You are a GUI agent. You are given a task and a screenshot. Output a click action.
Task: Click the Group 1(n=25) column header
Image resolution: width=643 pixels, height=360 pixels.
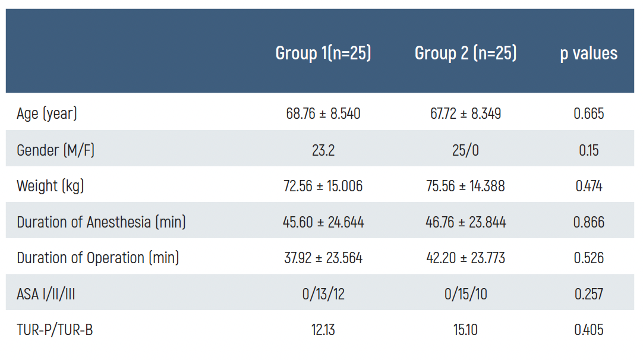(x=323, y=53)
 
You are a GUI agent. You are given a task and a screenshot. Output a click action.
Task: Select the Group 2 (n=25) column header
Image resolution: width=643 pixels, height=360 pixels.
(x=465, y=53)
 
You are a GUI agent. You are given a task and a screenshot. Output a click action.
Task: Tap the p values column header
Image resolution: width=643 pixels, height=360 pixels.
(x=588, y=53)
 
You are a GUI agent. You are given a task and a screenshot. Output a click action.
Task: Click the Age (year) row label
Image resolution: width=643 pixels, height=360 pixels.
(x=47, y=113)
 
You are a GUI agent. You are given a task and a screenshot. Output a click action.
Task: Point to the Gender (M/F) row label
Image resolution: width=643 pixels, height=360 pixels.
(x=55, y=150)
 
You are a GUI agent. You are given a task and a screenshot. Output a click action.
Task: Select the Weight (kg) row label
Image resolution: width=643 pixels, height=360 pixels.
(x=51, y=186)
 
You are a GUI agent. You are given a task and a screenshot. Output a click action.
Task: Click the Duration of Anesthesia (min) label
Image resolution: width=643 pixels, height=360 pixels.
(x=101, y=222)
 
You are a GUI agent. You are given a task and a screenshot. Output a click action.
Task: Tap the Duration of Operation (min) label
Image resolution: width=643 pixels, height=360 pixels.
(x=98, y=258)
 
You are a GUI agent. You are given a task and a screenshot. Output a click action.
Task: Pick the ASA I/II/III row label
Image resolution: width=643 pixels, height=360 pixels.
(x=50, y=293)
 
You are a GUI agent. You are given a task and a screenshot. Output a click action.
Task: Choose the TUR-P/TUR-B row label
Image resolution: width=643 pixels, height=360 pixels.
(x=55, y=330)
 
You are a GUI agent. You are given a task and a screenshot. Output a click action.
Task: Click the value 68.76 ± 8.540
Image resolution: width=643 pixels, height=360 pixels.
(x=323, y=113)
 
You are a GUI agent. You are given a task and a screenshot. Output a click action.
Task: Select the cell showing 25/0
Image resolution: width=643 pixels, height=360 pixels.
(x=465, y=150)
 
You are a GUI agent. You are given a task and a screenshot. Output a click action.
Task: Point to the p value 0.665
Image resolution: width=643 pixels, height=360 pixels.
(x=588, y=113)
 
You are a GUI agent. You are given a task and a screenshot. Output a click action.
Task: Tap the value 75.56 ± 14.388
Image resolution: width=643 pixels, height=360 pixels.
(x=465, y=186)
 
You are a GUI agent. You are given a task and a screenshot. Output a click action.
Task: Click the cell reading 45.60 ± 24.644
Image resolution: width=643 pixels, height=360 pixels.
(x=323, y=222)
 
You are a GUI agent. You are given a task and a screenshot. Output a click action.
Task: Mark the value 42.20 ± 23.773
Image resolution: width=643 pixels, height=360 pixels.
(x=465, y=258)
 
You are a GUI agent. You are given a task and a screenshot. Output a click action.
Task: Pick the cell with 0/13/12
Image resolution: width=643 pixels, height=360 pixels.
(x=323, y=293)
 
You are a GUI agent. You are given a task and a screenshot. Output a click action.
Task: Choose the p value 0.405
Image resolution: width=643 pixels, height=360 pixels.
(x=588, y=330)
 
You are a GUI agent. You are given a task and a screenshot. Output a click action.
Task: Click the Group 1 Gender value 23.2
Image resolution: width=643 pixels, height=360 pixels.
(x=323, y=150)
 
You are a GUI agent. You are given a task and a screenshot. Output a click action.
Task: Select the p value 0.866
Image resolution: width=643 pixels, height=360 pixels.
(x=588, y=222)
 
